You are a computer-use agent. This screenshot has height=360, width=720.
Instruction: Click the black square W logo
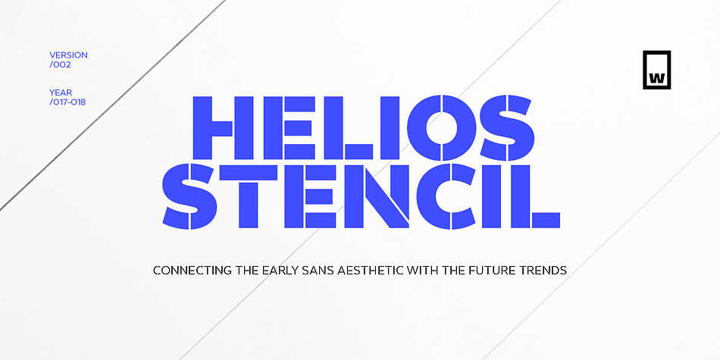pos(656,70)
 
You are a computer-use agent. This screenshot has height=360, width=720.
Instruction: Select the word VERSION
pos(68,55)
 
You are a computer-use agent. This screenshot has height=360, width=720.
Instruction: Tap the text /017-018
pos(67,101)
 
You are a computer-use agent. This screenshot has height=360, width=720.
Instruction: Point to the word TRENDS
pos(544,270)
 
